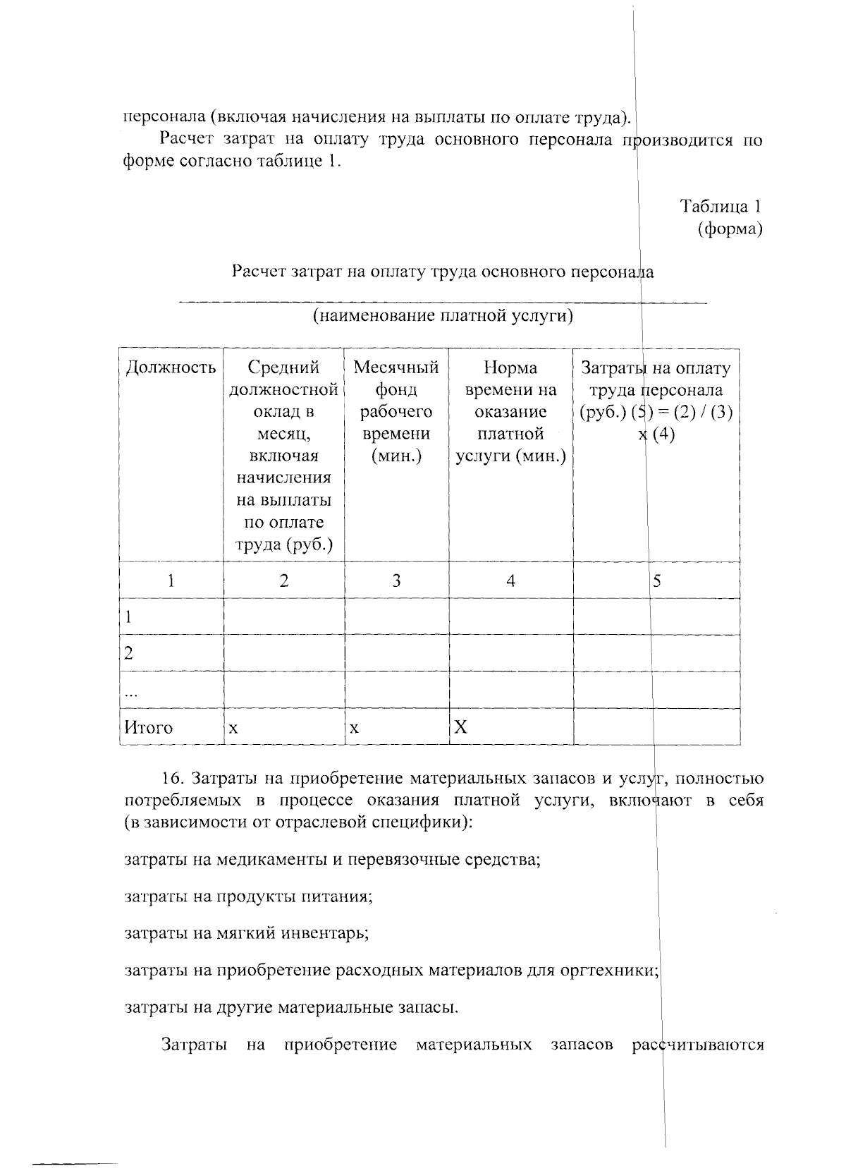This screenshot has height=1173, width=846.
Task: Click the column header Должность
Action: point(170,367)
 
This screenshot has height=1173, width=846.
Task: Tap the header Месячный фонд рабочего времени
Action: point(396,411)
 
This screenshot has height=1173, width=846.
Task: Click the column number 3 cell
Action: point(396,581)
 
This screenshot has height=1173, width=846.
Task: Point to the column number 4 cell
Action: point(510,581)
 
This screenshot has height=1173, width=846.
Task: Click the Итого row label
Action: point(148,727)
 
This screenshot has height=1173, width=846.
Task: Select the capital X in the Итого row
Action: point(460,727)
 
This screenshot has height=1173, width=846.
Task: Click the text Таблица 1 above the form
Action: point(720,206)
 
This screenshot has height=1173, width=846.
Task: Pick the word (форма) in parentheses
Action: point(730,229)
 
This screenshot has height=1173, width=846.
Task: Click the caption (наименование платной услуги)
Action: point(443,315)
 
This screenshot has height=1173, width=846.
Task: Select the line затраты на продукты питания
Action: point(248,897)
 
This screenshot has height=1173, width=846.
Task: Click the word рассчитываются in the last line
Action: point(698,1044)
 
